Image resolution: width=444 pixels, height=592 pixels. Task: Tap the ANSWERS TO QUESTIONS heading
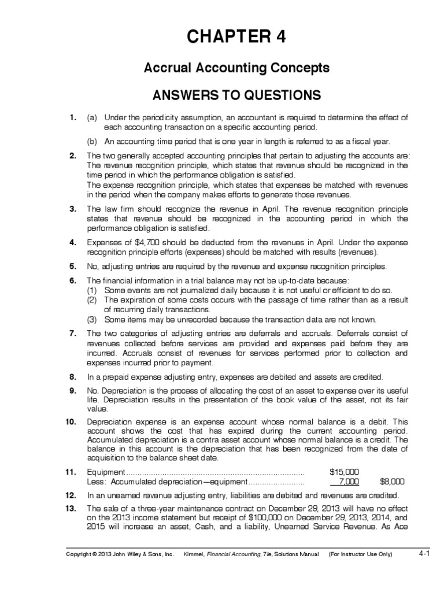tap(236, 94)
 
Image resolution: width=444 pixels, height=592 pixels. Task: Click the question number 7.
tap(73, 334)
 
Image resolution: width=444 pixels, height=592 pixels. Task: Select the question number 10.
tap(71, 423)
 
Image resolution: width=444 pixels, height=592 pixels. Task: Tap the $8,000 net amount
tap(391, 481)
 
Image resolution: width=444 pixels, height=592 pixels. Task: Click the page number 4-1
tap(424, 553)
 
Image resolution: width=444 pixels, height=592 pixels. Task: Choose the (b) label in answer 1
tap(91, 141)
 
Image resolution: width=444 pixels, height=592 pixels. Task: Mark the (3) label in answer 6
tap(91, 319)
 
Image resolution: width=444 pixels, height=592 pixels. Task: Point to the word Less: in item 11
tap(97, 481)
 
